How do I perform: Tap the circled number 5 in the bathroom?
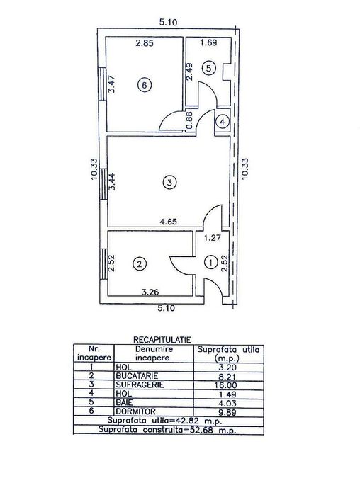coord(208,68)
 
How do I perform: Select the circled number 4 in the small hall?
coord(223,122)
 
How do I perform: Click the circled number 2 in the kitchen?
coord(140,264)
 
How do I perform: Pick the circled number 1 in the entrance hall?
coord(210,263)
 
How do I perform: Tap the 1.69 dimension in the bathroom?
coord(208,43)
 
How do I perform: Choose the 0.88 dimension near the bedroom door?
coord(189,120)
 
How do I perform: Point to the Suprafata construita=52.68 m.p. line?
coord(167,429)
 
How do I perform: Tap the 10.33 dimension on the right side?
coord(246,170)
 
